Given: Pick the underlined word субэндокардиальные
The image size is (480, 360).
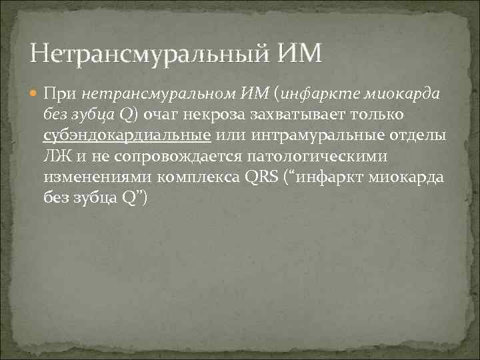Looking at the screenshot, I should pyautogui.click(x=127, y=135).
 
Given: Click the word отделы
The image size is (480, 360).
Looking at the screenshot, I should pyautogui.click(x=416, y=135).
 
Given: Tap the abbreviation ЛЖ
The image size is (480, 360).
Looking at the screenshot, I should pyautogui.click(x=57, y=157).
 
